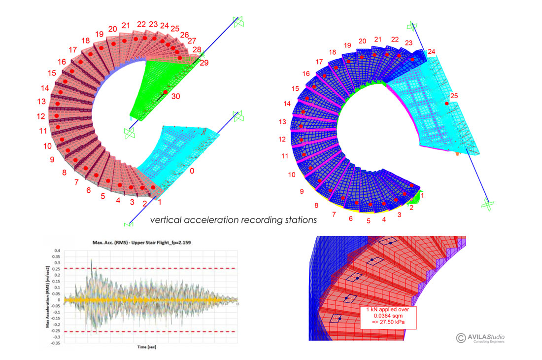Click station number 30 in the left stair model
[176, 97]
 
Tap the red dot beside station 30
[165, 92]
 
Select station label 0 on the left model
[193, 171]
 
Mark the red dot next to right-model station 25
[446, 104]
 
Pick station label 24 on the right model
[432, 51]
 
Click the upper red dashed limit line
[148, 268]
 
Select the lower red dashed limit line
[148, 331]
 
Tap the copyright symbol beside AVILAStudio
[461, 338]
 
